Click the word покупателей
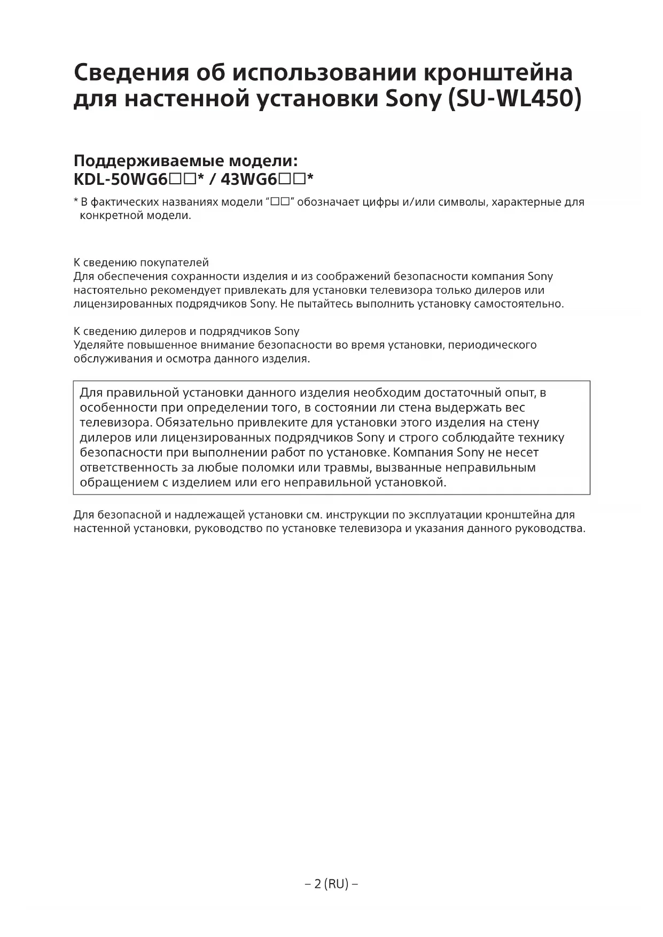[174, 263]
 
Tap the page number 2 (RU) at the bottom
[331, 884]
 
